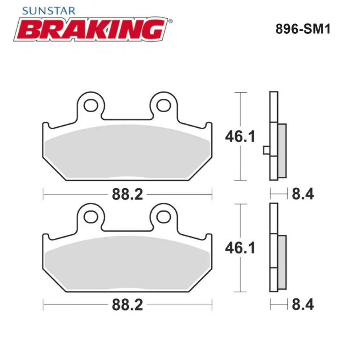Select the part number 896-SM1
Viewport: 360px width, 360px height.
(303, 29)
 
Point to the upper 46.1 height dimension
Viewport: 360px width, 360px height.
(240, 136)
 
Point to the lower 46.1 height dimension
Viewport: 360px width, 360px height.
(240, 248)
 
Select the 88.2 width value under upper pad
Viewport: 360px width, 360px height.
(127, 195)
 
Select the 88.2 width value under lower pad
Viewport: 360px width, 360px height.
(127, 306)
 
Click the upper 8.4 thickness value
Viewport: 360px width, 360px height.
(303, 194)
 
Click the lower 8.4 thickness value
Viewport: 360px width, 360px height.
(303, 305)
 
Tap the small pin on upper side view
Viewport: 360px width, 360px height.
(266, 150)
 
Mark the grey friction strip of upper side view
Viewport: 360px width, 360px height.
(283, 150)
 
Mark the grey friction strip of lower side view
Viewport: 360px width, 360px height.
(283, 262)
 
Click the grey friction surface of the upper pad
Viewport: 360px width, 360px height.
(127, 151)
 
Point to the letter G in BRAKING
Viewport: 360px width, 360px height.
(153, 30)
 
